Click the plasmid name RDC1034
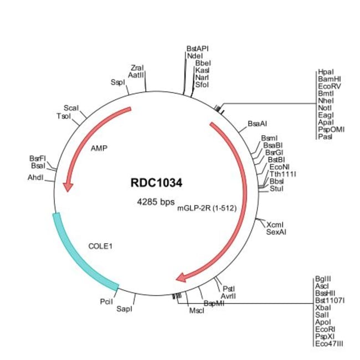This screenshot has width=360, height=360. point(156,182)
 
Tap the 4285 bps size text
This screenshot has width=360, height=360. point(156,202)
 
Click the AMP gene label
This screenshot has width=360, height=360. point(100,148)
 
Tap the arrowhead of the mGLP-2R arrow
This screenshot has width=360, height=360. point(181,276)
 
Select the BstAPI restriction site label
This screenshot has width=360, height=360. point(198,49)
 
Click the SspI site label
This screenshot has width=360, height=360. point(118,83)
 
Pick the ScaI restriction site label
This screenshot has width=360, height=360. point(71,107)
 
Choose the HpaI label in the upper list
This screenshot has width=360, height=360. point(326,73)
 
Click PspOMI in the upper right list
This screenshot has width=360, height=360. point(331,130)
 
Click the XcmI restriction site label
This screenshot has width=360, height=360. point(275,225)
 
